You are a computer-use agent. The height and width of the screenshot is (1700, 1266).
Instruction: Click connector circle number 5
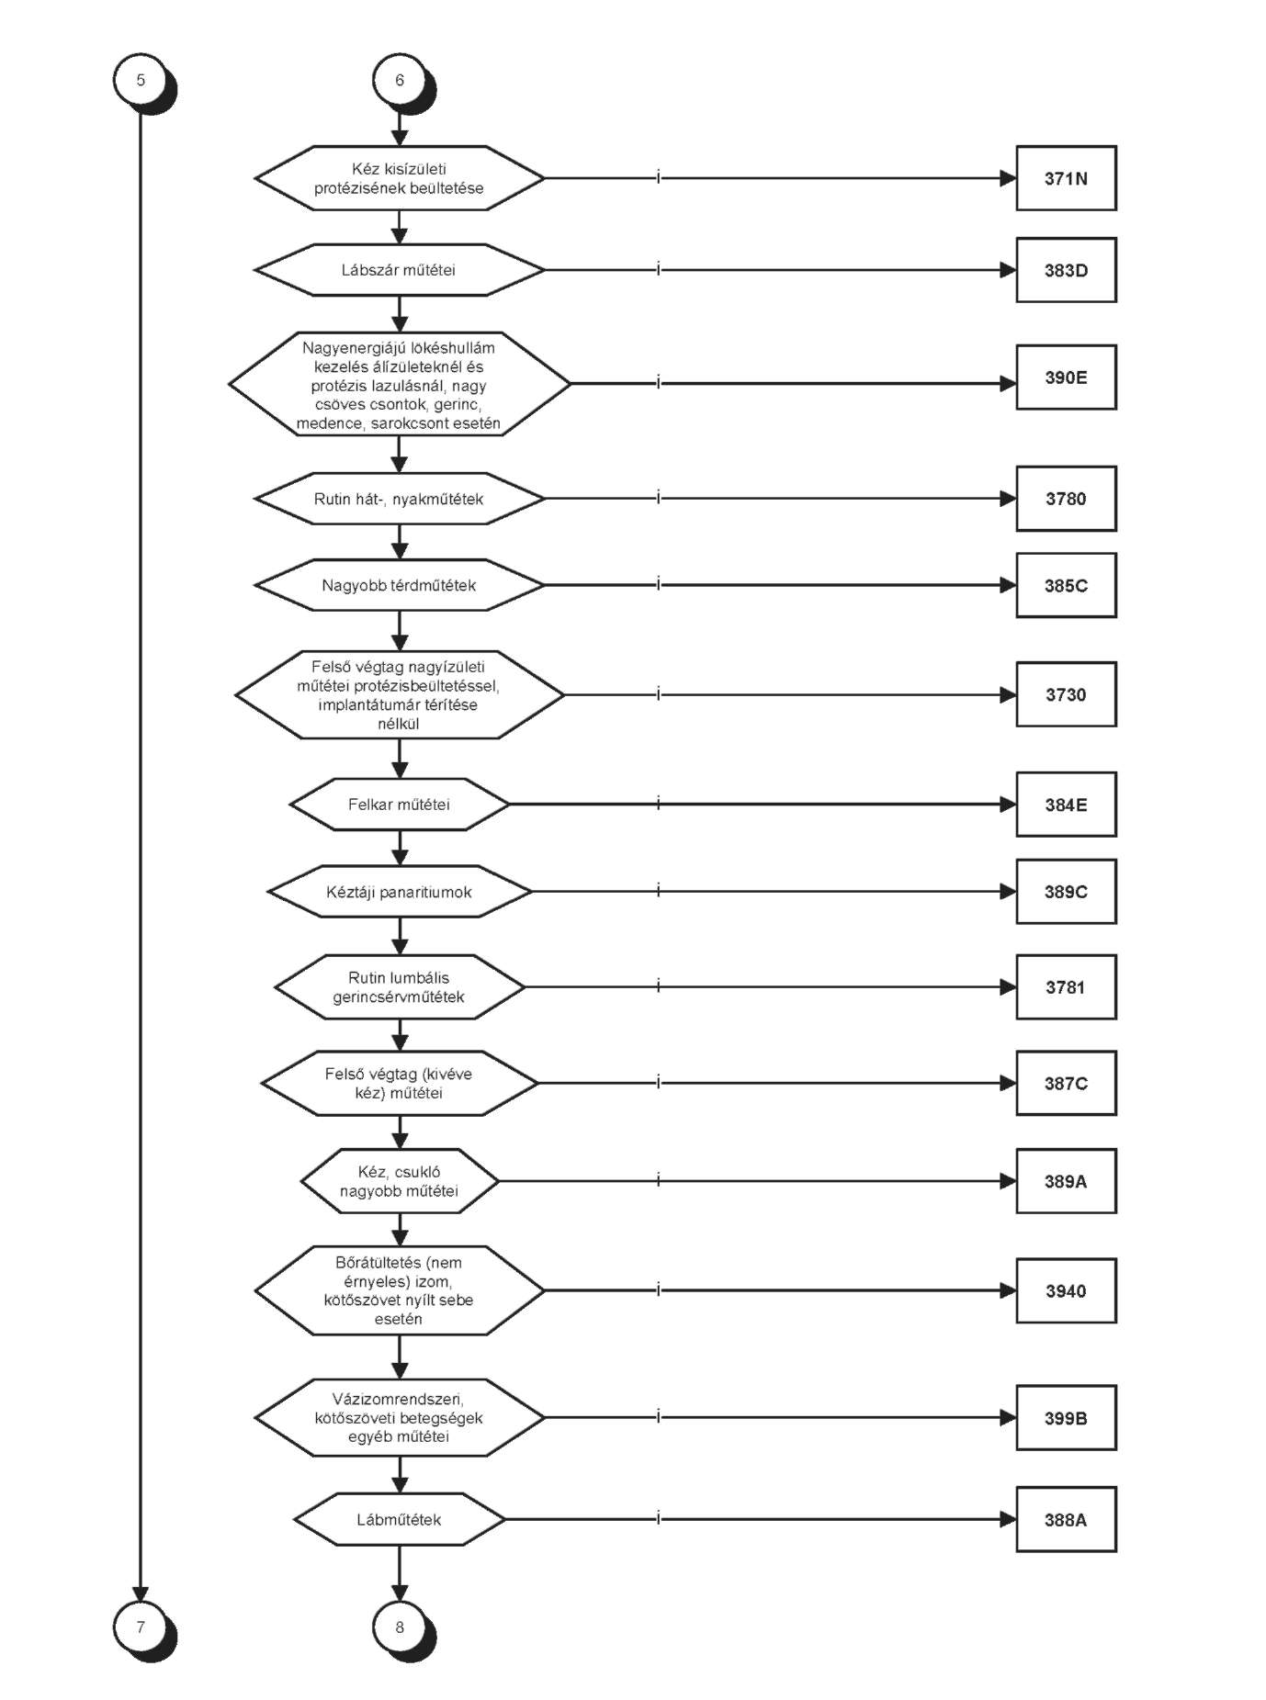pos(141,80)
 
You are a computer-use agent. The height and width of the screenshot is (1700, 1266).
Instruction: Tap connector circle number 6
pos(400,80)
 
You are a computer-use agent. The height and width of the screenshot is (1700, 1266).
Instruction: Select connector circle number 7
pos(141,1627)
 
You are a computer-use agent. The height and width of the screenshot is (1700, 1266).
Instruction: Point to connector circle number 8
pos(400,1627)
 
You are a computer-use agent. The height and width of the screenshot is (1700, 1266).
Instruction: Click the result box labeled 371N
pos(1066,178)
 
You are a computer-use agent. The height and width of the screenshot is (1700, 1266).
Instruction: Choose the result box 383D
pos(1066,270)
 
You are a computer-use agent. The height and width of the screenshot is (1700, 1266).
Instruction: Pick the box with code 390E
pos(1066,377)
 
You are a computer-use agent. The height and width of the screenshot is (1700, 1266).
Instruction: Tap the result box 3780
pos(1066,499)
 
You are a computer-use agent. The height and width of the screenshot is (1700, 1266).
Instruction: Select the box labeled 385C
pos(1066,585)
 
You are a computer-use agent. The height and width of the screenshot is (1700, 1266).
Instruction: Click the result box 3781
pos(1066,987)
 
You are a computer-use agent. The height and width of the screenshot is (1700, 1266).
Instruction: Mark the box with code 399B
pos(1066,1418)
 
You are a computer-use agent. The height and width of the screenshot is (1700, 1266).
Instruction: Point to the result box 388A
pos(1066,1520)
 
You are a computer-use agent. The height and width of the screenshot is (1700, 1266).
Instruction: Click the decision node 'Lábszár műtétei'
pos(400,270)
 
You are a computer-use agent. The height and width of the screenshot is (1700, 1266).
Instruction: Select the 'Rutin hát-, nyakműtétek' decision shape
pos(400,499)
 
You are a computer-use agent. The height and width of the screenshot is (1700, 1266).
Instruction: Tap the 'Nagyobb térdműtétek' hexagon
pos(400,585)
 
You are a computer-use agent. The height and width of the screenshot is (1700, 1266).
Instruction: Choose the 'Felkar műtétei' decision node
pos(400,805)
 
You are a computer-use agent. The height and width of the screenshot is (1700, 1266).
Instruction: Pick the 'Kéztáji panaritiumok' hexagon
pos(400,892)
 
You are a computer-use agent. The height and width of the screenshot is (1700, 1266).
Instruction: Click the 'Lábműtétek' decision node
pos(400,1520)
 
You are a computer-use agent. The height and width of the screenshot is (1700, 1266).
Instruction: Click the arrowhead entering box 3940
pos(1008,1290)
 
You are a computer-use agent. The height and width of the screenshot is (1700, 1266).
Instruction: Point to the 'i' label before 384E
pos(659,804)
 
